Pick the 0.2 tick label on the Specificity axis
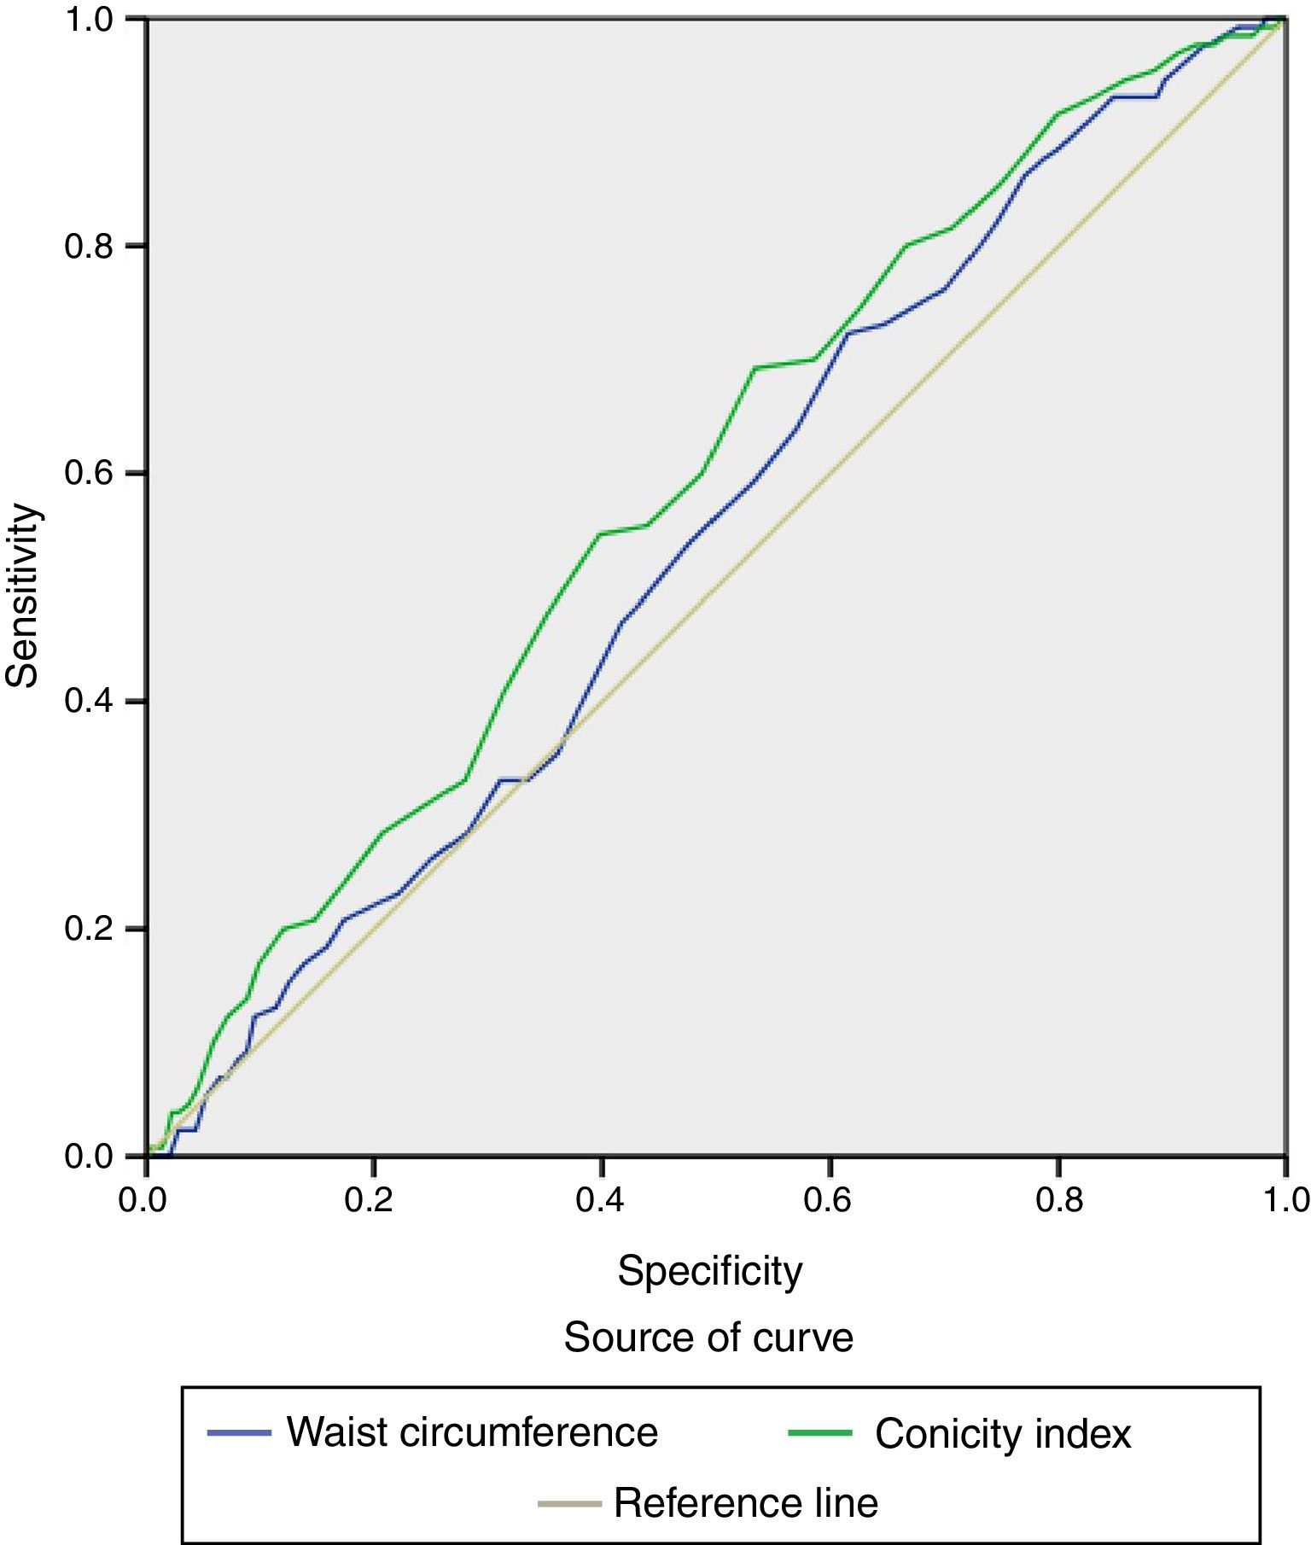pos(374,1200)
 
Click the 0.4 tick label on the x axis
pos(602,1200)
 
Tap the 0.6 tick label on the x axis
pos(830,1200)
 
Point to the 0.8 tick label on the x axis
pos(1058,1200)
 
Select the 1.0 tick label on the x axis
pos(1285,1200)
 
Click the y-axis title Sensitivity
pos(23,595)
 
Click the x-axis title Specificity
pos(710,1271)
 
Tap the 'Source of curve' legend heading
pos(708,1338)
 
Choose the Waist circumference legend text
pos(472,1432)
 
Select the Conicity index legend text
pos(1003,1434)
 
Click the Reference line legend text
pos(746,1502)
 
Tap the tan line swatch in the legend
pos(569,1502)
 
